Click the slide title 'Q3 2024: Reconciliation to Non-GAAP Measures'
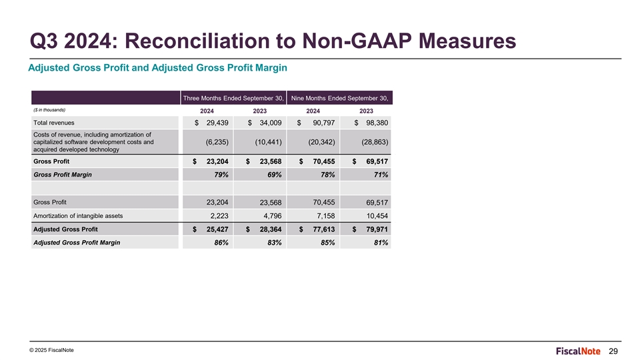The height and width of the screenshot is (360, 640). (273, 41)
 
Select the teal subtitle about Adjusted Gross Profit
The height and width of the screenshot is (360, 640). (157, 68)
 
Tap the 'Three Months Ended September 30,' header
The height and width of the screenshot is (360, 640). (233, 98)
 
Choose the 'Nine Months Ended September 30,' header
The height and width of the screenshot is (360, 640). (339, 98)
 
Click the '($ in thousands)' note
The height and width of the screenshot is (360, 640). (49, 110)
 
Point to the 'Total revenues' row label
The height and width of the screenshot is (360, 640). (54, 123)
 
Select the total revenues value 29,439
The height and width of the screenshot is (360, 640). (217, 123)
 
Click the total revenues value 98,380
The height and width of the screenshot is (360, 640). (377, 123)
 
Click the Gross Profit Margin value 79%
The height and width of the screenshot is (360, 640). (221, 175)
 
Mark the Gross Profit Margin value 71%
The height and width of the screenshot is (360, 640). (381, 175)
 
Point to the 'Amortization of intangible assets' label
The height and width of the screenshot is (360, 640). (78, 216)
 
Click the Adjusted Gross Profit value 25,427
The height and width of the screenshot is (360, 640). (217, 229)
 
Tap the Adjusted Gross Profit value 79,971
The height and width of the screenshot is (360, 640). (377, 229)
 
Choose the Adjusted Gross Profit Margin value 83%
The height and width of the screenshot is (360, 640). (274, 243)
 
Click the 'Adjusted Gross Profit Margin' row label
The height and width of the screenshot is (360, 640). (77, 243)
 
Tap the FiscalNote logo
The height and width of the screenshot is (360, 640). (578, 351)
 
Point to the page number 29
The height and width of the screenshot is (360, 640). (613, 351)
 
